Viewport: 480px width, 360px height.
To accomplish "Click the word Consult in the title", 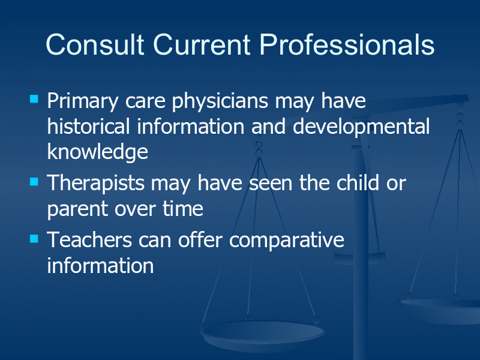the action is click(95, 44).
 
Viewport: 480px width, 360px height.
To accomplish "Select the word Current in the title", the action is click(202, 44).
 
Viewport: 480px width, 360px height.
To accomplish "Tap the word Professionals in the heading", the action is click(347, 44).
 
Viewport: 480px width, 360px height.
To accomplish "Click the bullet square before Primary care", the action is click(34, 98).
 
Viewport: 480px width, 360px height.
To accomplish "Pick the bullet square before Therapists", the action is click(34, 182).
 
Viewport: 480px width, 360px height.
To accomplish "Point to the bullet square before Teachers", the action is click(34, 238).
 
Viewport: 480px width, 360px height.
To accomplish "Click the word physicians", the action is click(220, 102).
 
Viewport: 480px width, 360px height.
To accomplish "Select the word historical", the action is click(88, 126).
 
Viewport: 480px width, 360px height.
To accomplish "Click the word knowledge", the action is click(98, 153).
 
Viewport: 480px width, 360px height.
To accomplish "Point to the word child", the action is click(358, 183).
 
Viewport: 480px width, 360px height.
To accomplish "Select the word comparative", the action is click(287, 241).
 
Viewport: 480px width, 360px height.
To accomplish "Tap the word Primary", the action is click(83, 102).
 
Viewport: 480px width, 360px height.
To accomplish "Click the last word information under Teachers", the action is click(100, 265).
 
